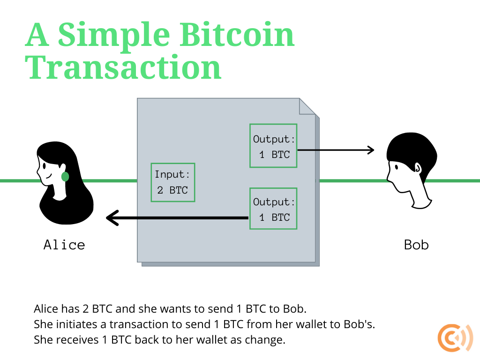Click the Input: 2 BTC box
point(173,182)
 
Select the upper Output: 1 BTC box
point(273,146)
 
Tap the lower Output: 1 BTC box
point(273,209)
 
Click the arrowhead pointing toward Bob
point(371,150)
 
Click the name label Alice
point(64,245)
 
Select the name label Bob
point(416,245)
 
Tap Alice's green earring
point(65,177)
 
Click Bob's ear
point(418,167)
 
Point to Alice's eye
point(45,166)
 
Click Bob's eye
point(397,167)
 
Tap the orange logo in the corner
point(455,338)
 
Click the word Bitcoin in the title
point(237,35)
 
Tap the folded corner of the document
point(307,106)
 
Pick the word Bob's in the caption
point(360,324)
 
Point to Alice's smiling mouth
point(48,176)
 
